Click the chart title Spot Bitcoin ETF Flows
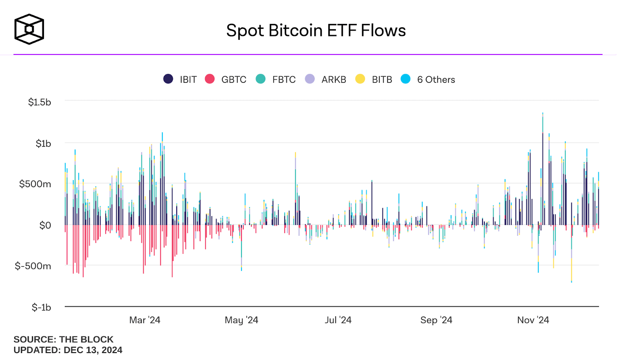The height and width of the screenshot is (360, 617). tap(316, 30)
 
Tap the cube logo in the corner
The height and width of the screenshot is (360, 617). tap(29, 29)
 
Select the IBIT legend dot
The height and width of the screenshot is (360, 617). tap(168, 79)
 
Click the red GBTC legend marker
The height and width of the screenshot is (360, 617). tap(210, 79)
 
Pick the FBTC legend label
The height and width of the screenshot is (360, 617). tap(284, 79)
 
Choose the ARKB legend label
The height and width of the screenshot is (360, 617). tap(334, 79)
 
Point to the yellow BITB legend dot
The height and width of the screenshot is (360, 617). tap(360, 79)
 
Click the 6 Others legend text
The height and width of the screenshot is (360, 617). tap(436, 79)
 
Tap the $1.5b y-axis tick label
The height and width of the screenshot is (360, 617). tap(39, 102)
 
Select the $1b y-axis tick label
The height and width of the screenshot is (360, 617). tap(43, 144)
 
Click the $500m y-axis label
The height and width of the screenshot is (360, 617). tap(35, 184)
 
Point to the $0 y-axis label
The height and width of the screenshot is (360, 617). tap(45, 225)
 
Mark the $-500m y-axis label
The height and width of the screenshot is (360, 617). tap(33, 266)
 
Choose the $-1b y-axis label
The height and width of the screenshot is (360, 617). tap(41, 308)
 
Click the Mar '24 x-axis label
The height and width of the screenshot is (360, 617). tap(145, 320)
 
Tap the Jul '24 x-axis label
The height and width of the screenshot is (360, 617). tap(338, 320)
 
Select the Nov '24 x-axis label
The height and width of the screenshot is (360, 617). tap(533, 320)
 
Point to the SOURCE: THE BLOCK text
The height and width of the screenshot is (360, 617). tap(64, 340)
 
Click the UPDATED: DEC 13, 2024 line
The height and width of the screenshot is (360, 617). tap(68, 350)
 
